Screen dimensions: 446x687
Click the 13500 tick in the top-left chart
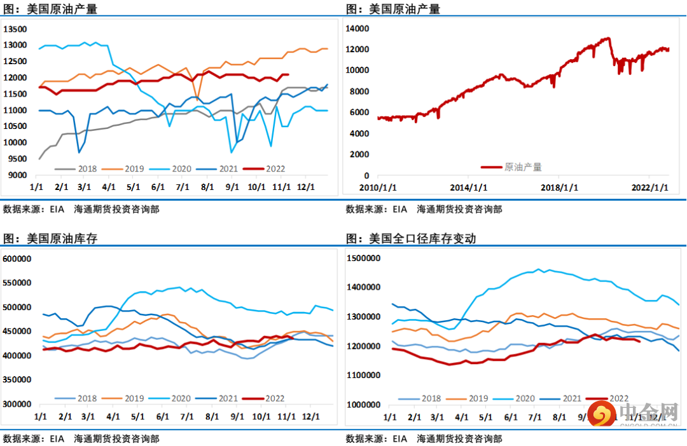pos(15,29)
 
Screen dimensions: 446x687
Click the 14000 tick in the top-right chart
pos(358,29)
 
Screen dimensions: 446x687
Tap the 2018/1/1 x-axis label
pos(559,188)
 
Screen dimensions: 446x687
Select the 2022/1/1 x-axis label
pos(650,188)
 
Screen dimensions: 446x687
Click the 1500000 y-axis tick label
pos(364,259)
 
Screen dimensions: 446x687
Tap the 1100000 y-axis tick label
pos(364,375)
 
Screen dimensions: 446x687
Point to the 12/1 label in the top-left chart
pos(307,188)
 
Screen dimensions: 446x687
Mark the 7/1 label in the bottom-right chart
pos(534,417)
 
